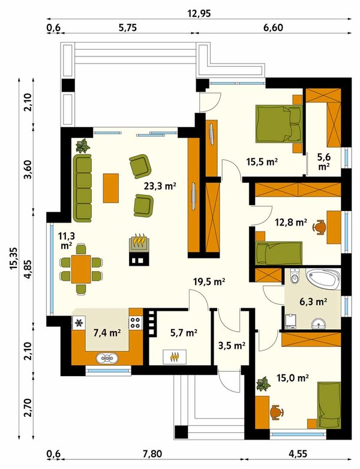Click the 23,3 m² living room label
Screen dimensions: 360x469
pos(160,187)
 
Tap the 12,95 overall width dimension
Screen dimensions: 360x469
pos(199,13)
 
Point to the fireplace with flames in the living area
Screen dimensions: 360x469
pos(139,242)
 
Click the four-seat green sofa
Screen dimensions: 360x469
pos(82,188)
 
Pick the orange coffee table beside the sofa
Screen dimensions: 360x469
pos(111,188)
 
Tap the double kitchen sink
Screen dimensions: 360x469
pos(107,358)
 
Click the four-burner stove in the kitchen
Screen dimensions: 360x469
pos(135,323)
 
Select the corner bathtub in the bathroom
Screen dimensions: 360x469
pos(325,279)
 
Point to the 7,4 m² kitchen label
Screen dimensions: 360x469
pos(107,333)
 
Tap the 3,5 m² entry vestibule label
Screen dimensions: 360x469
pos(232,345)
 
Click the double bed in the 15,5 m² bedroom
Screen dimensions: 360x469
pos(279,124)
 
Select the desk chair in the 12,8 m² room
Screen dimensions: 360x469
pos(319,227)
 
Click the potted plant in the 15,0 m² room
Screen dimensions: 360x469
pos(263,384)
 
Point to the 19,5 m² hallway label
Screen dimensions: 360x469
pos(209,282)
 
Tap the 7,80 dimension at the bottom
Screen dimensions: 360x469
pos(152,454)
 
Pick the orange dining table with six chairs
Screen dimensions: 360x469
pos(81,269)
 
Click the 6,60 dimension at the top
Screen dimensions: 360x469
pos(273,28)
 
